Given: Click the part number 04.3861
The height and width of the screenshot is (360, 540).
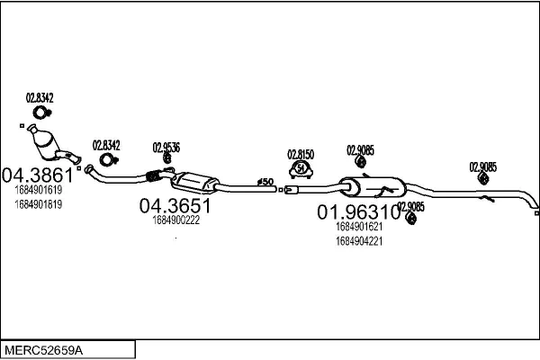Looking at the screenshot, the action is click(x=38, y=175).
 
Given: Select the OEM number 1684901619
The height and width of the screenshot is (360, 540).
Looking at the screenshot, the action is click(x=38, y=190).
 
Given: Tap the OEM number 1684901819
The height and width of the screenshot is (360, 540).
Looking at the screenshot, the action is click(x=38, y=204).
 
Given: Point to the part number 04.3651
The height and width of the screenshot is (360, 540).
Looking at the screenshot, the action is click(x=175, y=206).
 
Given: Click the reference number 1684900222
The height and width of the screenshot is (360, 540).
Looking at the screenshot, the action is click(x=176, y=220).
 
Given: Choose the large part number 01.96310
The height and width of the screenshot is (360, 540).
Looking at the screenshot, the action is click(x=358, y=211).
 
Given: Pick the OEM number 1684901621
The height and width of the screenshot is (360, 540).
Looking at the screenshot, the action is click(x=359, y=226).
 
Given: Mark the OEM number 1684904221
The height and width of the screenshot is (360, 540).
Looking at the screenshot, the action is click(x=359, y=241).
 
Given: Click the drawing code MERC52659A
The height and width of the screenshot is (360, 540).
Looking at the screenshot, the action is click(x=43, y=351).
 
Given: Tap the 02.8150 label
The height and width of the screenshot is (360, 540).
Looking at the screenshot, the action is click(x=301, y=155).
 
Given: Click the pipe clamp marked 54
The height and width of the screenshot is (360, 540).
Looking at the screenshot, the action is click(x=301, y=169).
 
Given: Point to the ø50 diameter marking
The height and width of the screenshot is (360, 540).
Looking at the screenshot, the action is click(x=265, y=182).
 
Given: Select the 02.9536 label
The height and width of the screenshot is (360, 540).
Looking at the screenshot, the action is click(x=166, y=148).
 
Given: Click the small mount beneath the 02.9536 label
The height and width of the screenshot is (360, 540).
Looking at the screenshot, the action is click(x=167, y=158).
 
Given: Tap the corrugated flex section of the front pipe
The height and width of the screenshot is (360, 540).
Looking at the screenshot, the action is click(x=153, y=175).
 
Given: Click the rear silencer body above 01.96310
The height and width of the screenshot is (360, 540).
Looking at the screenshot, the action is click(x=373, y=187).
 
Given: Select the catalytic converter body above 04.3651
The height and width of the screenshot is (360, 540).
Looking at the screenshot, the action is click(x=194, y=182).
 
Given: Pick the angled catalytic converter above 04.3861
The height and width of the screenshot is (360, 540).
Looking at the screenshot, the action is click(x=45, y=142).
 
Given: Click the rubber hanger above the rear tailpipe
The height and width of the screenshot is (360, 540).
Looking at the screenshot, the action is click(x=483, y=178).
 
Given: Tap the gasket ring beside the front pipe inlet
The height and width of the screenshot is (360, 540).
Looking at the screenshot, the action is click(x=109, y=160).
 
